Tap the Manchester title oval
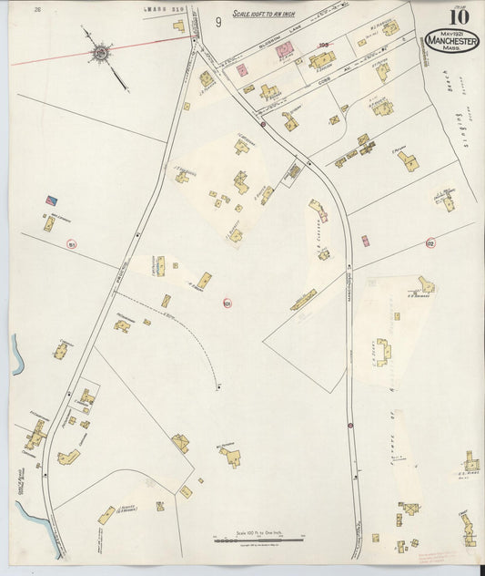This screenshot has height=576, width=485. pyautogui.click(x=451, y=41)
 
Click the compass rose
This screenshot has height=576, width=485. pyautogui.click(x=99, y=54)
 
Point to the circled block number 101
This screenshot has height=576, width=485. pyautogui.click(x=227, y=303)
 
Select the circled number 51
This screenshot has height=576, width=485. pyautogui.click(x=71, y=244)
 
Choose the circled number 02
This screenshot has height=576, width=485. pyautogui.click(x=430, y=243)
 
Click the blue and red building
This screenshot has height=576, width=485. pyautogui.click(x=52, y=200)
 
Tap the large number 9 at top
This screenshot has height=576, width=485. pyautogui.click(x=218, y=22)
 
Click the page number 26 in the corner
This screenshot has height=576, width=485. pyautogui.click(x=37, y=10)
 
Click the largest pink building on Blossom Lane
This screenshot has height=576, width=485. pyautogui.click(x=284, y=50)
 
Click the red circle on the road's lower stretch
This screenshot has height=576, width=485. pyautogui.click(x=349, y=425)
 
